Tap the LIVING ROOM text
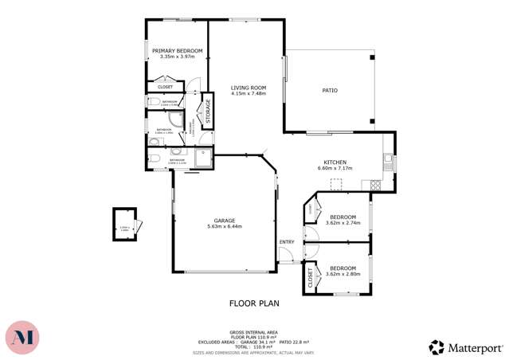(248, 88)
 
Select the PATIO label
(329, 91)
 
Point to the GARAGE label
(224, 221)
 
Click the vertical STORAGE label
(207, 112)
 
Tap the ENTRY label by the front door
(287, 242)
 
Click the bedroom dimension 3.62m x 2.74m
(343, 223)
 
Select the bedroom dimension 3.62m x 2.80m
(343, 274)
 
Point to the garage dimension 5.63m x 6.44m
(224, 227)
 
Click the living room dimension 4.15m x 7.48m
(248, 94)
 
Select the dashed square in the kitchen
(336, 184)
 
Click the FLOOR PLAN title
(254, 303)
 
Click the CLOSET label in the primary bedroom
(166, 87)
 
